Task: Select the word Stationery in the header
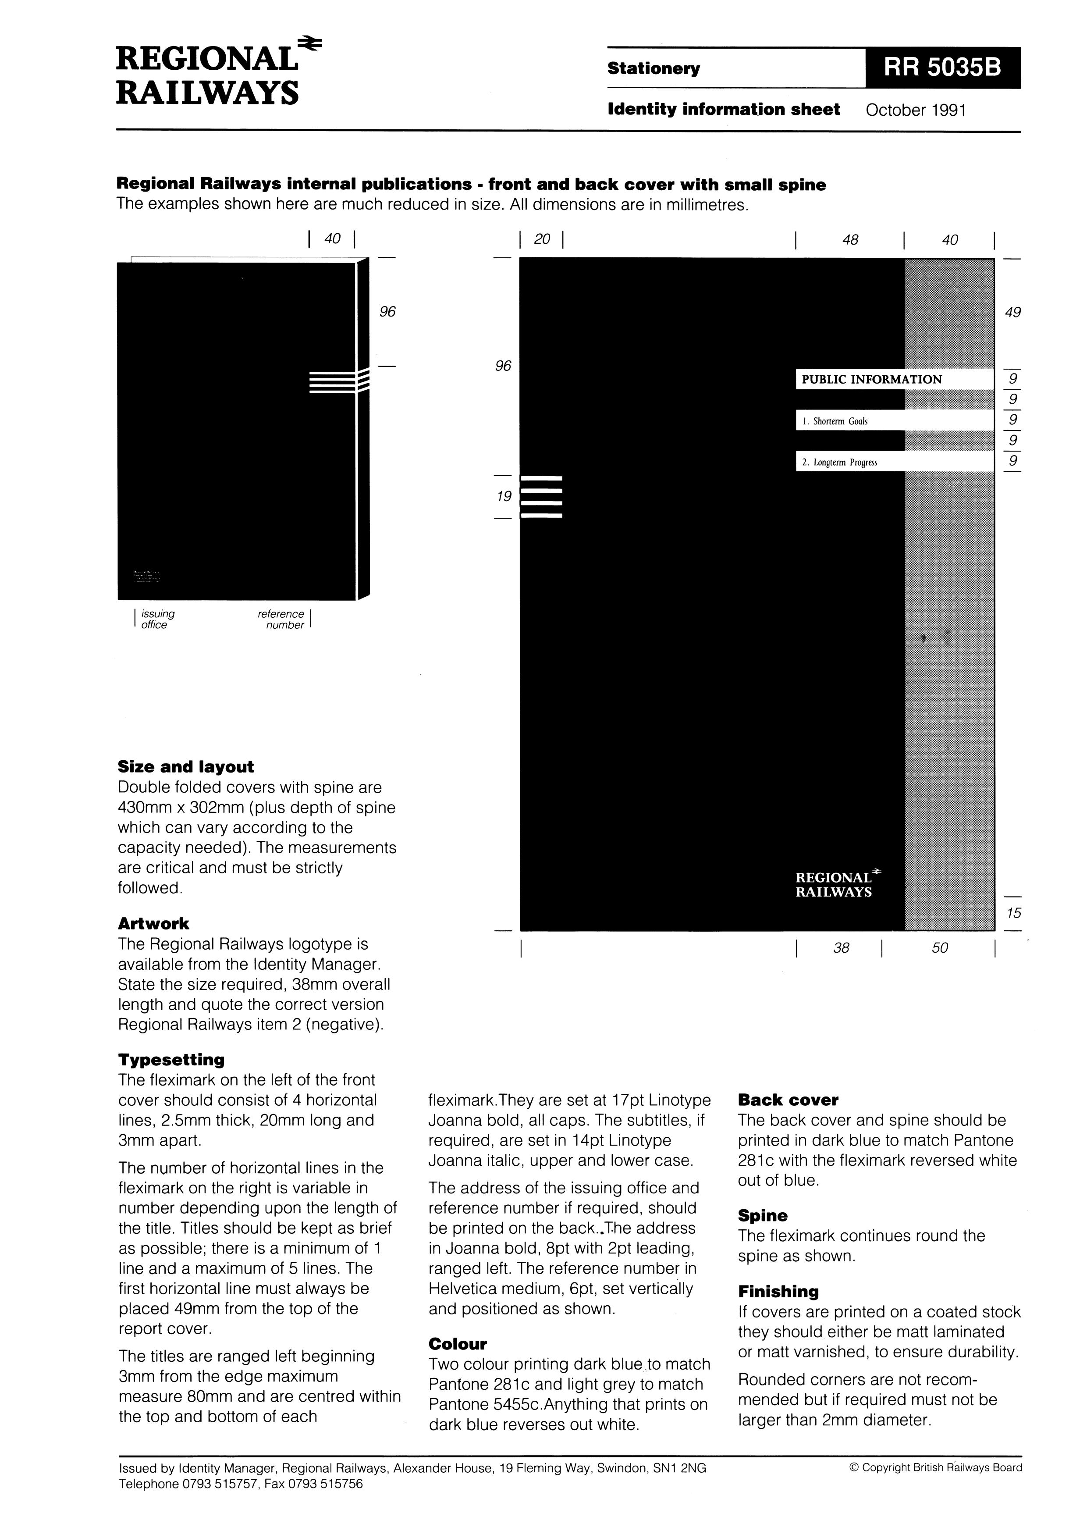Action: pyautogui.click(x=653, y=68)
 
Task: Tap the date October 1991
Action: pyautogui.click(x=916, y=110)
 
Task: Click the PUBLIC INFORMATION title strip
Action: pyautogui.click(x=893, y=379)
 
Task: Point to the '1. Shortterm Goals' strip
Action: pyautogui.click(x=893, y=421)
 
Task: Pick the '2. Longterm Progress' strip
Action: pyautogui.click(x=893, y=462)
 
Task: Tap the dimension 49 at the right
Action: pyautogui.click(x=1012, y=312)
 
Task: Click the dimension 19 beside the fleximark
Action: pyautogui.click(x=504, y=496)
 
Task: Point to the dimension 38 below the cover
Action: pyautogui.click(x=841, y=948)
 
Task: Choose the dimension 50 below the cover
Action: pyautogui.click(x=940, y=948)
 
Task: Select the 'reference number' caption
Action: pyautogui.click(x=282, y=619)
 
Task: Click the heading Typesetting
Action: pyautogui.click(x=171, y=1060)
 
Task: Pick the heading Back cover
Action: pyautogui.click(x=788, y=1100)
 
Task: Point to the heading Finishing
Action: pyautogui.click(x=778, y=1292)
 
